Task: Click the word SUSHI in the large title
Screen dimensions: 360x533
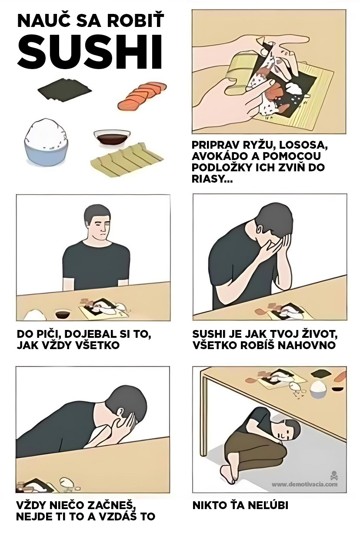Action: [x=90, y=52]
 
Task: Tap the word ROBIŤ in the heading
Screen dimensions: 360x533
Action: [x=135, y=20]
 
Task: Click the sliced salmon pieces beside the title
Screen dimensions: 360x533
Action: [x=142, y=96]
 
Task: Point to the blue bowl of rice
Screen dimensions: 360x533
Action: [x=46, y=144]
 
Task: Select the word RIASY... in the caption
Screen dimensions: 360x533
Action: [x=212, y=179]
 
